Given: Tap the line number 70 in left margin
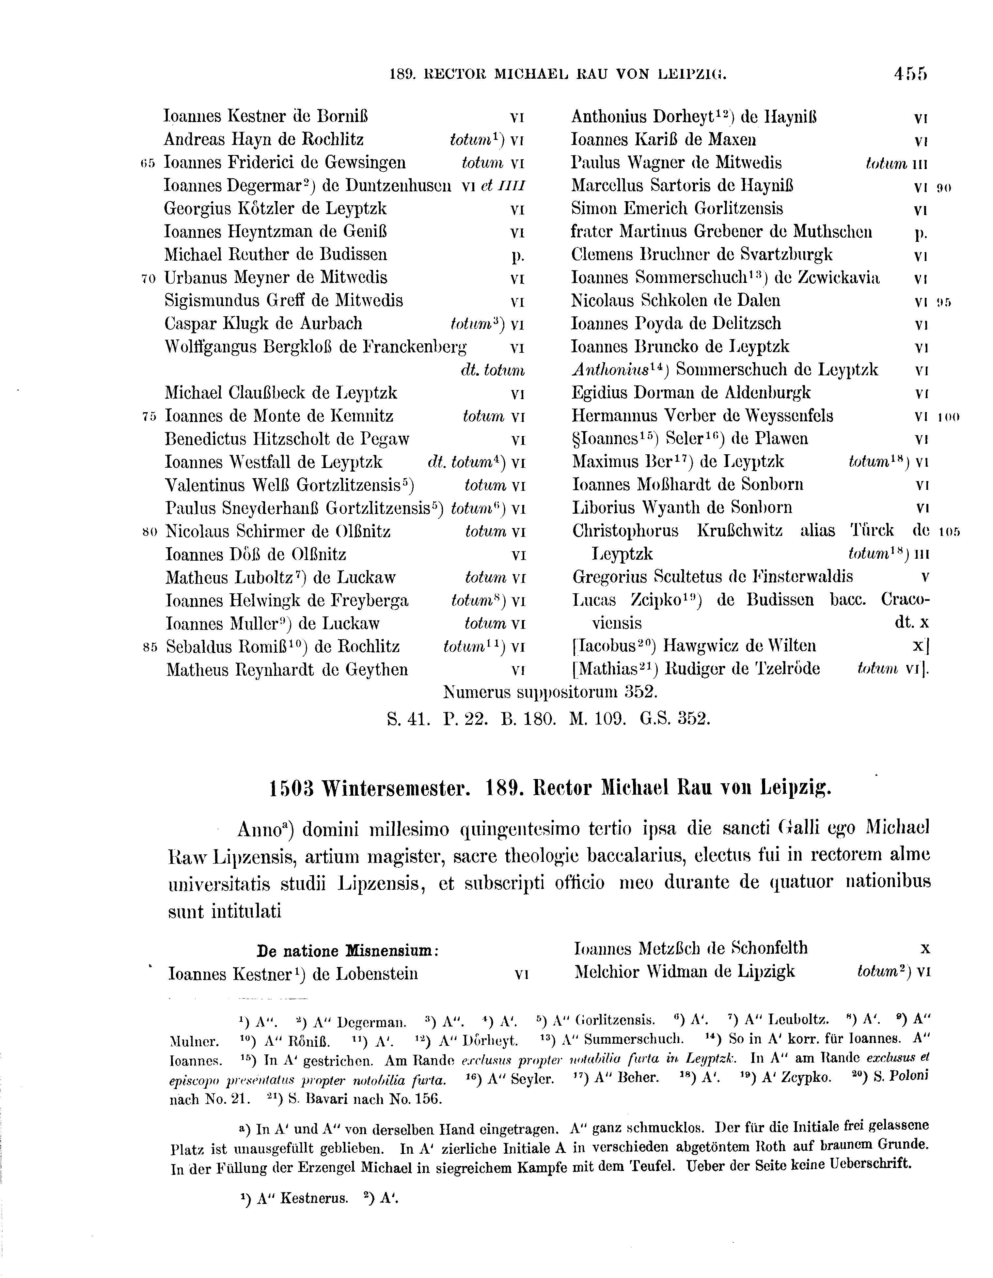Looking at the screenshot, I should pyautogui.click(x=149, y=278).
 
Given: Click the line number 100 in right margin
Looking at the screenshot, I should pyautogui.click(x=949, y=417).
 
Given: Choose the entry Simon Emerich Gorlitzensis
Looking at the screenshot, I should pyautogui.click(x=676, y=209).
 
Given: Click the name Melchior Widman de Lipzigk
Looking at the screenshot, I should pyautogui.click(x=684, y=972).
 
